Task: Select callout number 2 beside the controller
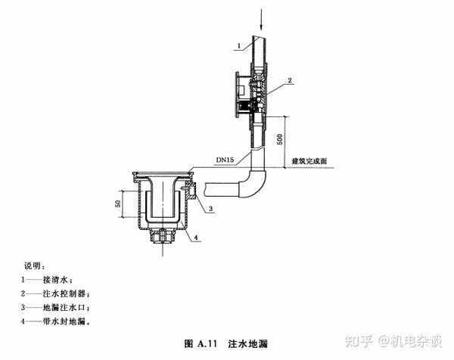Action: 290,79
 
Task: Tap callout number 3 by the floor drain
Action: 212,206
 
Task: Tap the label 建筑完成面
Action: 311,161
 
